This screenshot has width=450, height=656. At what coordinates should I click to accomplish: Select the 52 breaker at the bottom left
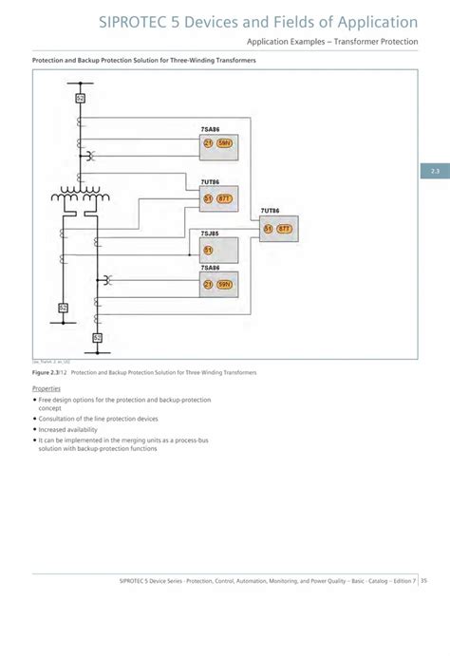(x=63, y=308)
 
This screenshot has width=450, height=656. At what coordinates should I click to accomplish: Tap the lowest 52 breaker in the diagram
(x=97, y=337)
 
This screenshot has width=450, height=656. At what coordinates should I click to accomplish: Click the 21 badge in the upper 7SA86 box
(x=208, y=143)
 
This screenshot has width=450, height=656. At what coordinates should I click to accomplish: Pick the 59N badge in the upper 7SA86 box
(x=224, y=143)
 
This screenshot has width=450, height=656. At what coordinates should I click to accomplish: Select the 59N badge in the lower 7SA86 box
(x=224, y=284)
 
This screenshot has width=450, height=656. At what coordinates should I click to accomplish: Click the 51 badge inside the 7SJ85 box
(x=208, y=251)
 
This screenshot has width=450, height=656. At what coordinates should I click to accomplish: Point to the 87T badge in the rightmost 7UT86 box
(x=284, y=229)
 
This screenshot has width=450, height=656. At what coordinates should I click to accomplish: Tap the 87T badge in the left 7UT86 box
(x=224, y=198)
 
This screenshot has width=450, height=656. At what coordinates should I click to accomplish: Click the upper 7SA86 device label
(x=211, y=127)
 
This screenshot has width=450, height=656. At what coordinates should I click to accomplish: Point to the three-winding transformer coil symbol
(x=78, y=197)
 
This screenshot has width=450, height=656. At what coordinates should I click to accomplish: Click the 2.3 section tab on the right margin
(x=435, y=171)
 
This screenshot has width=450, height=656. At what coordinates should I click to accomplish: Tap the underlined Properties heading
(x=47, y=389)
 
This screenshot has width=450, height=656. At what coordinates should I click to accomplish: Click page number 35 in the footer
(x=424, y=581)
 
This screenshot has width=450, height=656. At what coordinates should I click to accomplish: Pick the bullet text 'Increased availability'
(x=68, y=429)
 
